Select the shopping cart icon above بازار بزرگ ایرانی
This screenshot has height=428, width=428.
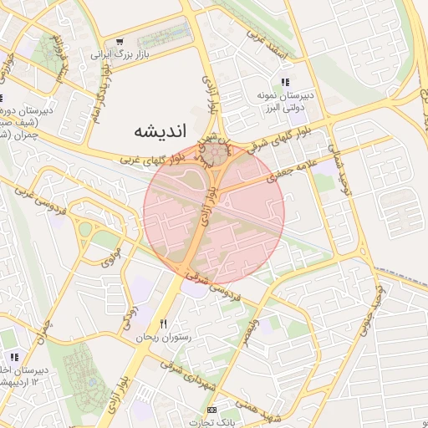pos(120,41)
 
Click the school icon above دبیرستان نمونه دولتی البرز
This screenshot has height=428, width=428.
pos(285,82)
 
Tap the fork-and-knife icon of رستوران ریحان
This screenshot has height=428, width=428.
pos(164,324)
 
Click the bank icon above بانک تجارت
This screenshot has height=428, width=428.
pos(211,410)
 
